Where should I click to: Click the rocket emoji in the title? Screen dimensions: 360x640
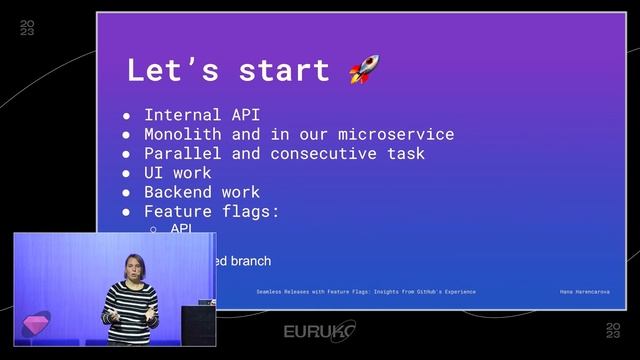coord(364,71)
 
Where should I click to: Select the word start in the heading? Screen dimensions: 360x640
coord(284,71)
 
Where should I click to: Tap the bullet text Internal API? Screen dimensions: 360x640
coord(202,115)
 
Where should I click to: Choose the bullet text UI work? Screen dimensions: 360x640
coord(178,172)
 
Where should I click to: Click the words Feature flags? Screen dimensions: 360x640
coord(211,211)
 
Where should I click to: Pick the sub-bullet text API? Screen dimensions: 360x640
coord(181,229)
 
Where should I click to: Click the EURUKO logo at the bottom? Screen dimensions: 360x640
coord(319,331)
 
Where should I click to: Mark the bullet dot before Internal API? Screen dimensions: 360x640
coord(127,116)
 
